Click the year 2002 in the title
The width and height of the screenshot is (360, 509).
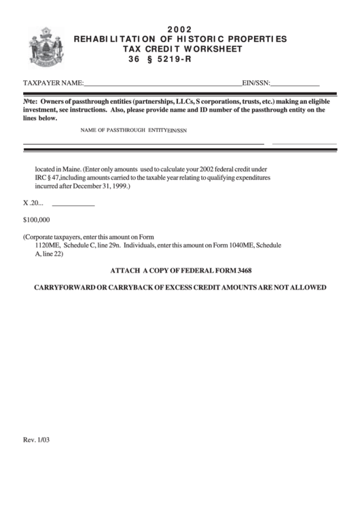180,29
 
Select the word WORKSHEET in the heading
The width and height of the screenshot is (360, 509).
203,49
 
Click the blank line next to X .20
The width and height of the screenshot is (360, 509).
73,205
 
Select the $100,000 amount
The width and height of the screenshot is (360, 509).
37,220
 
